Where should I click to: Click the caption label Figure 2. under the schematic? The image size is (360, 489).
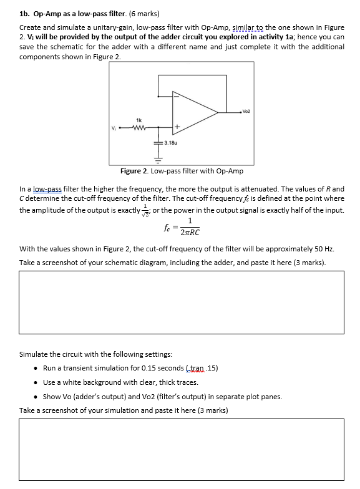tap(135, 171)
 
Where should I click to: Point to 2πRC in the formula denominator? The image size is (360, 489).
tap(188, 232)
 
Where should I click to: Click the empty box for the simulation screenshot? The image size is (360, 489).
tap(182, 449)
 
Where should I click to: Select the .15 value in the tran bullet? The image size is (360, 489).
tap(212, 368)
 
